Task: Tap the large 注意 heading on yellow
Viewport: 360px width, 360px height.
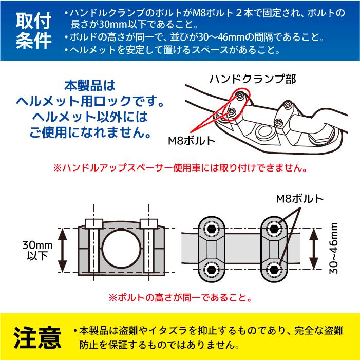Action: [39, 336]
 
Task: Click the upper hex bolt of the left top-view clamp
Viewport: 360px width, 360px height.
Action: [211, 228]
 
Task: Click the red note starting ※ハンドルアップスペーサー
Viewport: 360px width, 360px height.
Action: [180, 168]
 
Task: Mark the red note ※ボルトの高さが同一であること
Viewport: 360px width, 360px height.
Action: [180, 297]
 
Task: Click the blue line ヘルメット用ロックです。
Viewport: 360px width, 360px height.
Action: [98, 97]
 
